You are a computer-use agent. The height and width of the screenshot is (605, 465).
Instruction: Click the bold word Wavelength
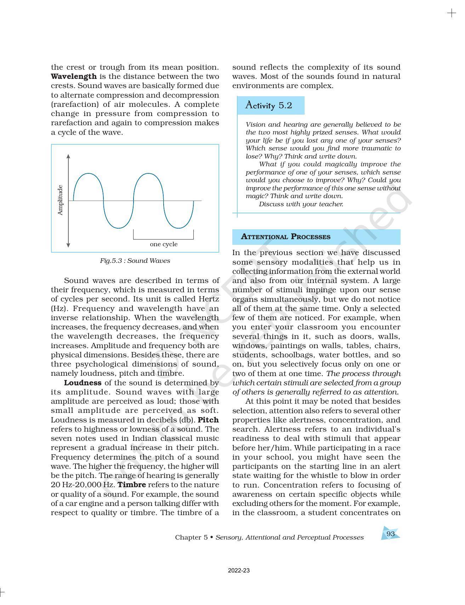pos(74,76)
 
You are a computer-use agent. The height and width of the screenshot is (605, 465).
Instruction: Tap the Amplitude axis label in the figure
pos(60,200)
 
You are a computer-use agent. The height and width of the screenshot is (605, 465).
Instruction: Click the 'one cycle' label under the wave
pos(164,244)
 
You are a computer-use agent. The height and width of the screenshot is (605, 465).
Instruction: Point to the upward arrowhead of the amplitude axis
pos(68,156)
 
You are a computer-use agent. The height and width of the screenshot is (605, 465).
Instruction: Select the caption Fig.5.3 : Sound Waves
pos(135,261)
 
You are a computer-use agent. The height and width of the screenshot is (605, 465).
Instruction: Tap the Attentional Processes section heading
pos(285,237)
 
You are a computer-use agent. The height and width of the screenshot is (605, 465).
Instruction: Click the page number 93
pos(391,534)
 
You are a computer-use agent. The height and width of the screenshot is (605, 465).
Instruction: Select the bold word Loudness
pos(83,383)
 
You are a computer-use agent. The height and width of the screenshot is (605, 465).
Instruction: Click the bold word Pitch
pos(208,420)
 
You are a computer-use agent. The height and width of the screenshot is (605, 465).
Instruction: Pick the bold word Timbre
pos(131,485)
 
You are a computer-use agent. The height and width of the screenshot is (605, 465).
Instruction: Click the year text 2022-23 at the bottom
pos(239,571)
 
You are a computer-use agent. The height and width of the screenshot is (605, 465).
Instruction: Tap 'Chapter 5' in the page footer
pos(191,537)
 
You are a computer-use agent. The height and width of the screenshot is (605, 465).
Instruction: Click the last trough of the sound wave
pos(179,227)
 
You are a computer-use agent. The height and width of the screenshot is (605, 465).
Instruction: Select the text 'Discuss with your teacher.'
pos(301,204)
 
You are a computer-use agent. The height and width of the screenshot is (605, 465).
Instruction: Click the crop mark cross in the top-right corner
pos(452,13)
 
